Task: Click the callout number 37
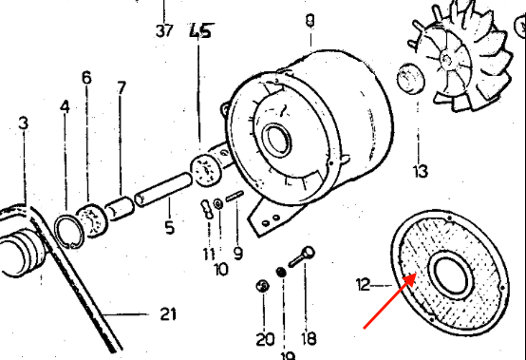164,31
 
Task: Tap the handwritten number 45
201,30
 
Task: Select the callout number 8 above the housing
310,21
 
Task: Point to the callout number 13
421,171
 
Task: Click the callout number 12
363,285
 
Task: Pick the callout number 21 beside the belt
168,314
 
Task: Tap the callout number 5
170,227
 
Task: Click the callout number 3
23,123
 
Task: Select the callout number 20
265,339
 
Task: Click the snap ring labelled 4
69,231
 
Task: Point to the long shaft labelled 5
163,190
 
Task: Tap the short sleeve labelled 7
119,209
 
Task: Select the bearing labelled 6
91,220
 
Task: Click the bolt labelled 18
302,256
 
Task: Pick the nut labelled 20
263,286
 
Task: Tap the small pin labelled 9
235,197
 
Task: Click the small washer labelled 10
218,203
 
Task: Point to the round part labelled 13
410,79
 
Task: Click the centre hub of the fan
446,60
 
